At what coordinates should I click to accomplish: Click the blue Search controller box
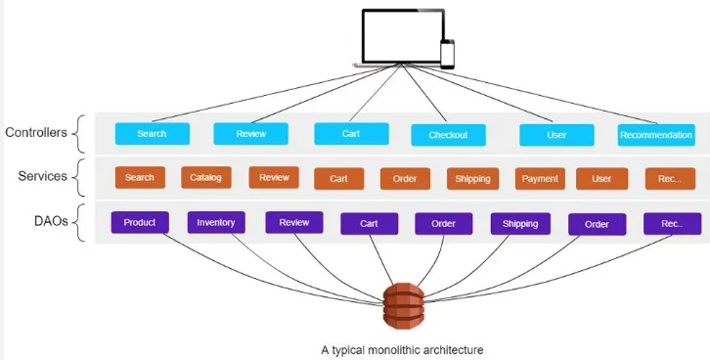click(152, 134)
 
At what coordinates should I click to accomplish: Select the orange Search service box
click(140, 178)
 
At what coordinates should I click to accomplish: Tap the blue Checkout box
click(448, 135)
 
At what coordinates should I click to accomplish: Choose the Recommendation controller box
click(656, 135)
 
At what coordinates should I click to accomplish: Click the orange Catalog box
click(206, 178)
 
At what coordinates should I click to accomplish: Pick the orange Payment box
click(540, 179)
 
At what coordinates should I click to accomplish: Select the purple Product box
click(140, 222)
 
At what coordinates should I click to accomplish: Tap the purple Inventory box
click(216, 222)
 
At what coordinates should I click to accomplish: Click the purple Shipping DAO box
click(520, 224)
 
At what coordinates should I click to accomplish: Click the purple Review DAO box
click(294, 222)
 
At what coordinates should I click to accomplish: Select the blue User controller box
click(556, 135)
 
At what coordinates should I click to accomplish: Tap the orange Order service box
click(405, 179)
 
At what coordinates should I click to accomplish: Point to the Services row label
click(41, 176)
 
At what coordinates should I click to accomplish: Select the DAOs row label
click(48, 221)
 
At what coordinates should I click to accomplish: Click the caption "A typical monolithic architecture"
click(402, 348)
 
